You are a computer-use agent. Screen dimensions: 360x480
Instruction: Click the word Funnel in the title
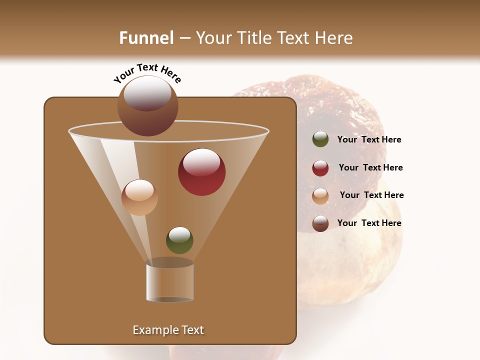[x=146, y=38]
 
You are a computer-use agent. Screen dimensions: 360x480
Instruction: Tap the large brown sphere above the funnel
[x=148, y=105]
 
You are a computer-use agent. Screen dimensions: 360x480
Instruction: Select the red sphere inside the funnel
[x=201, y=172]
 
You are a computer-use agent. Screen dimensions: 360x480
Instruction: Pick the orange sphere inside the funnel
[x=139, y=197]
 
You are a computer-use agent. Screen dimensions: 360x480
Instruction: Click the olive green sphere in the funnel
[x=179, y=240]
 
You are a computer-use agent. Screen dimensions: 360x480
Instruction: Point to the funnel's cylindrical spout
[x=169, y=282]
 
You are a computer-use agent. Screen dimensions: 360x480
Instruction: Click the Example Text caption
[x=168, y=330]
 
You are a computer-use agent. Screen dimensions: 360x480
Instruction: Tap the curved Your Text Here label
[x=147, y=73]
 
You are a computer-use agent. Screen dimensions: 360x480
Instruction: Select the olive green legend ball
[x=320, y=139]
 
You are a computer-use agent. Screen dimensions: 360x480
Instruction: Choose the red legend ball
[x=320, y=168]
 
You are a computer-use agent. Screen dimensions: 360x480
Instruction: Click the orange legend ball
[x=320, y=196]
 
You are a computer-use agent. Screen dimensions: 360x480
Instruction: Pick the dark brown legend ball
[x=320, y=223]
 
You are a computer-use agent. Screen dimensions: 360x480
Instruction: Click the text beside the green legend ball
[x=369, y=140]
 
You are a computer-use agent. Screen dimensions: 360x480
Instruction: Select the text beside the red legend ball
[x=370, y=168]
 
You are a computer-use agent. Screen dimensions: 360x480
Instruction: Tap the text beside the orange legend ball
[x=371, y=195]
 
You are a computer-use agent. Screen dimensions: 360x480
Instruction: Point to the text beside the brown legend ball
[x=369, y=223]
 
